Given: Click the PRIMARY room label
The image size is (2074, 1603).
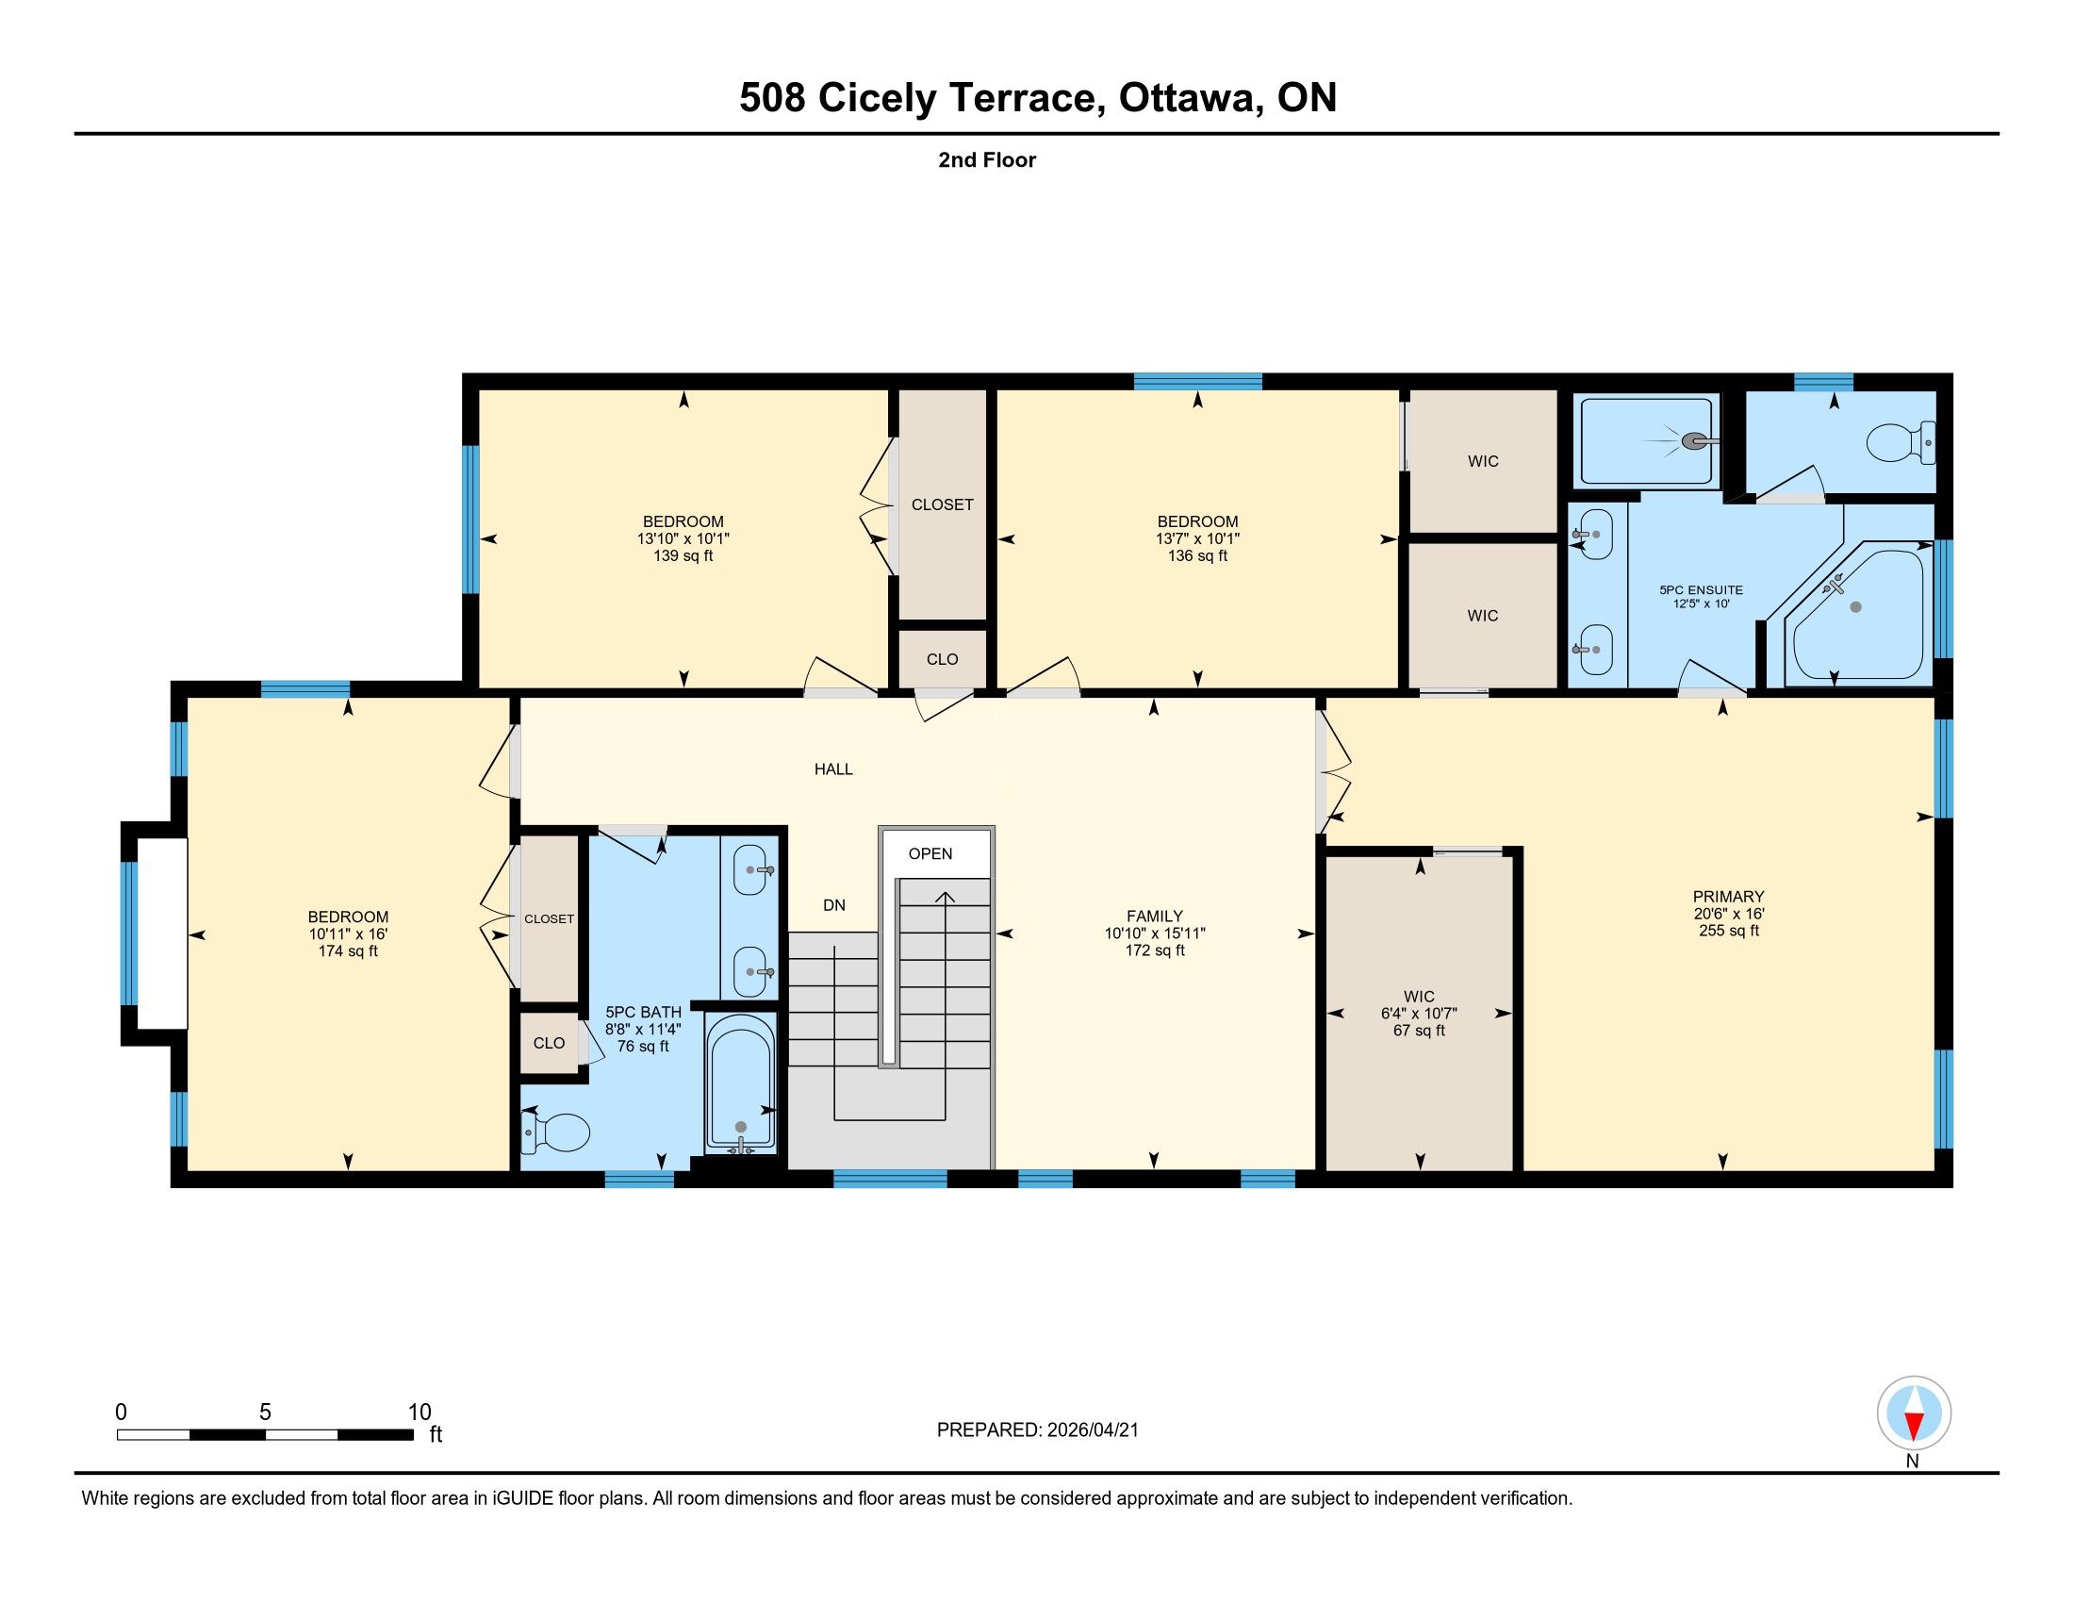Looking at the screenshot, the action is tap(1728, 897).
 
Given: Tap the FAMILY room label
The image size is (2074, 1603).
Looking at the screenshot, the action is tap(1155, 917).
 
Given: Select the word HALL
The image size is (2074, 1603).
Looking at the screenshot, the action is tap(833, 769).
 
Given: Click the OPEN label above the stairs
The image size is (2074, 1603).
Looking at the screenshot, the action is tap(930, 853).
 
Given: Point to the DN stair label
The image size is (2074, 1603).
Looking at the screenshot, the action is tap(833, 905).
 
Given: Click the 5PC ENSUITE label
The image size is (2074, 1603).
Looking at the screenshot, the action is tap(1701, 589).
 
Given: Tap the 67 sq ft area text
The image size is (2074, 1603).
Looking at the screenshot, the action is tap(1419, 1031).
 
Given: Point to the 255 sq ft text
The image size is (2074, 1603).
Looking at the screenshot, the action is tap(1728, 931).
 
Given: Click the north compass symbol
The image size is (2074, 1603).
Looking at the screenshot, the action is tap(1914, 1413).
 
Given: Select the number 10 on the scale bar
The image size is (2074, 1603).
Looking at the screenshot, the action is tap(420, 1413).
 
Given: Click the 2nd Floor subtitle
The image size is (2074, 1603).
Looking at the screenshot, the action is tap(987, 159).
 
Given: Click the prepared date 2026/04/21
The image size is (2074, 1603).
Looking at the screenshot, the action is tap(1090, 1430).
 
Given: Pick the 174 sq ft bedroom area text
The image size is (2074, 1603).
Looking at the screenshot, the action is tap(348, 950).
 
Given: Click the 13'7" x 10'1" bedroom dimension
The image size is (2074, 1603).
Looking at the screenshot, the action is tap(1197, 538).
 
